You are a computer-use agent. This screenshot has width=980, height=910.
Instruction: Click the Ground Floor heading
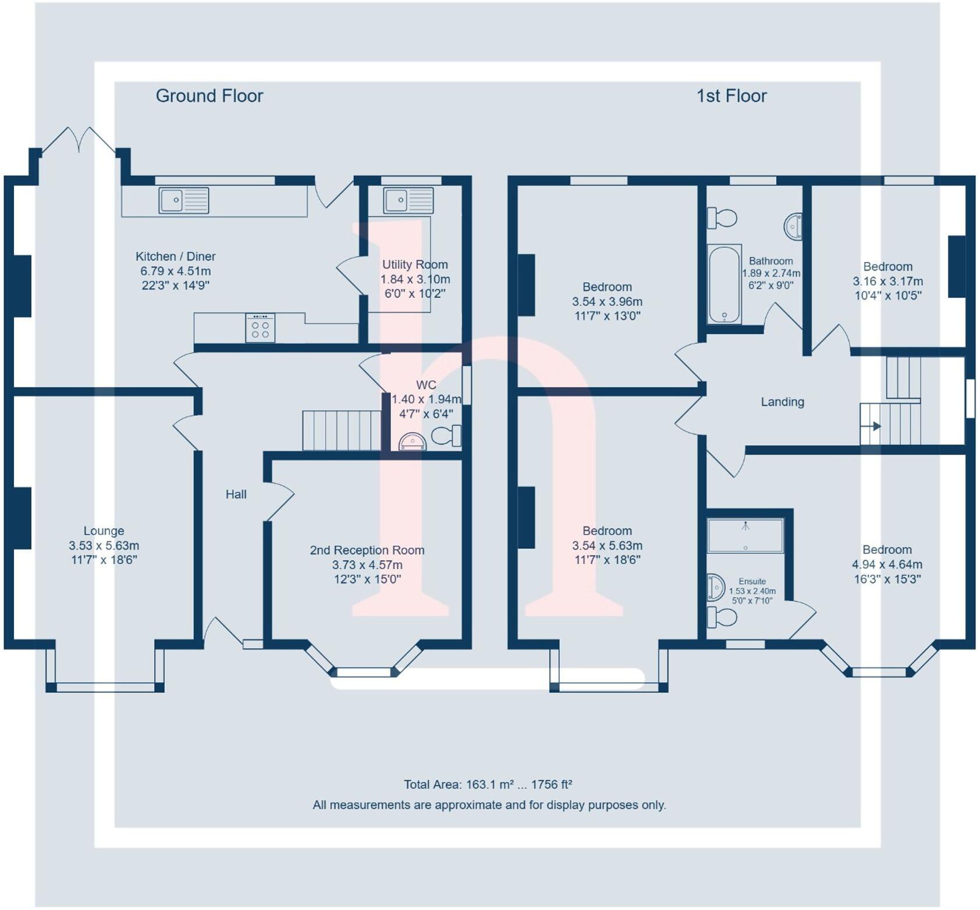[209, 96]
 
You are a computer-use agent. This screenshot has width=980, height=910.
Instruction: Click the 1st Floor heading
[732, 96]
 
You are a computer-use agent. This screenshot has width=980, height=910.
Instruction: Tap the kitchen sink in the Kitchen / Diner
[183, 201]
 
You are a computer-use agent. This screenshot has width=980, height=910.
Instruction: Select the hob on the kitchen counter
[260, 328]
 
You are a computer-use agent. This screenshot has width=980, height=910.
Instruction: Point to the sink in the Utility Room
[408, 201]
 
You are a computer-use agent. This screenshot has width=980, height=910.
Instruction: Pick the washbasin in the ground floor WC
[413, 442]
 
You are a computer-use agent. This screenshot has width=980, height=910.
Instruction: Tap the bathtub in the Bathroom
[724, 284]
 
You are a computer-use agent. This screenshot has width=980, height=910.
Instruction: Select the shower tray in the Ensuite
[745, 535]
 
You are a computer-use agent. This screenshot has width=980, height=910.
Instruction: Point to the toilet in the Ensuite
[722, 617]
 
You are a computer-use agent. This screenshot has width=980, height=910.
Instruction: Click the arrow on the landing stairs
[876, 426]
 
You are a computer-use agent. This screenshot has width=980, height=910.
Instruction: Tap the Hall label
[236, 495]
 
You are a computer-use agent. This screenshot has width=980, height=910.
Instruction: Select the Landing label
[782, 402]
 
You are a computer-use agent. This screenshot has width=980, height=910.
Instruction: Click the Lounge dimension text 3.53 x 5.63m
[104, 546]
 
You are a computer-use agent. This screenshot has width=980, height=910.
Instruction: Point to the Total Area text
[488, 784]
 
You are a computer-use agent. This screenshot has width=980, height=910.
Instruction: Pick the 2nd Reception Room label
[367, 550]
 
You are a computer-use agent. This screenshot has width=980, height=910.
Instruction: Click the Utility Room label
[414, 265]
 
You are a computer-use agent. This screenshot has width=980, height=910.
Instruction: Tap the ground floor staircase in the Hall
[341, 430]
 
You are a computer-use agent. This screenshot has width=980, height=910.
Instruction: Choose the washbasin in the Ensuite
[715, 587]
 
